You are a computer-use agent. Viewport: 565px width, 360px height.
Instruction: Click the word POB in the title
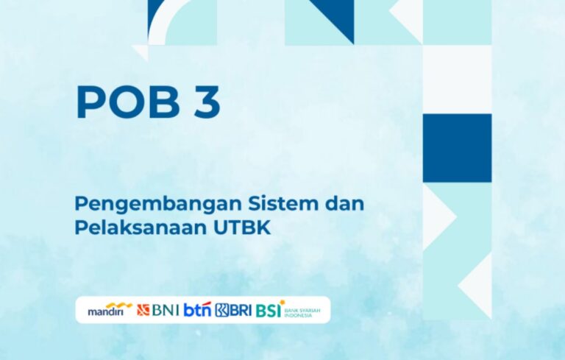[x=127, y=102]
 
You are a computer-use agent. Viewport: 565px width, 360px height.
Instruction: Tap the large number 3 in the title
[x=207, y=102]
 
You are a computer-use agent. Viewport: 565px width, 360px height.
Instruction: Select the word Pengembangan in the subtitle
[x=158, y=205]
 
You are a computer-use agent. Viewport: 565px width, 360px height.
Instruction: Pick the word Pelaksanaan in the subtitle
[x=141, y=227]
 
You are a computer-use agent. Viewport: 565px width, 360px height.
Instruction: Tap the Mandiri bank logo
[x=110, y=309]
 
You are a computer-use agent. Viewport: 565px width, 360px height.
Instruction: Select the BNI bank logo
[x=158, y=310]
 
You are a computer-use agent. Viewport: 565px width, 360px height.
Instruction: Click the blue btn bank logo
[x=197, y=310]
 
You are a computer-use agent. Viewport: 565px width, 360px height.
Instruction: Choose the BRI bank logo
[x=233, y=310]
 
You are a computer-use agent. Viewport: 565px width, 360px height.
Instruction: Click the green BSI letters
[x=269, y=311]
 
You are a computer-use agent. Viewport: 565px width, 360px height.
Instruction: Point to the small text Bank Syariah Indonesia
[x=302, y=313]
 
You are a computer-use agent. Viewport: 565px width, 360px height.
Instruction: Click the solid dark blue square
[x=457, y=148]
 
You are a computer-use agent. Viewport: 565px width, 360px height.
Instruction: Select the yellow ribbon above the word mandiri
[x=119, y=306]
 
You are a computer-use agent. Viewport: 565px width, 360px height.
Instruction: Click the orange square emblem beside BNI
[x=143, y=310]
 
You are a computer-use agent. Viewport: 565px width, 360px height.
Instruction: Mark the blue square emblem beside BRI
[x=222, y=310]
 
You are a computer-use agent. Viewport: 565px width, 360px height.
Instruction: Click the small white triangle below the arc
[x=142, y=52]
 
